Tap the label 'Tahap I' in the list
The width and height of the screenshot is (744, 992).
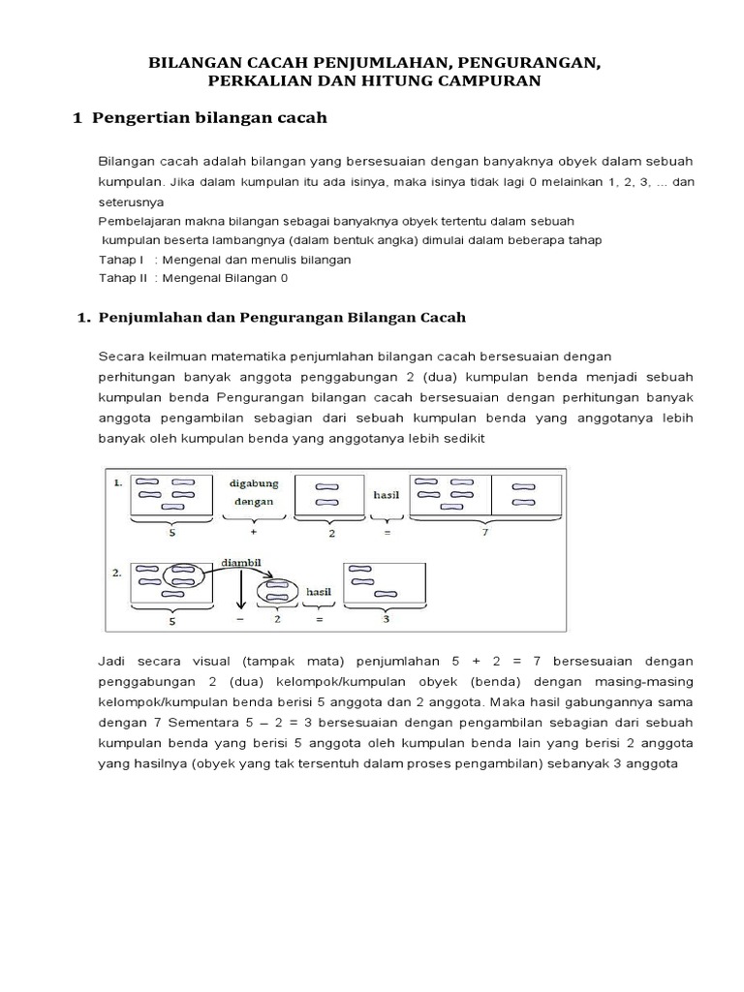pyautogui.click(x=121, y=260)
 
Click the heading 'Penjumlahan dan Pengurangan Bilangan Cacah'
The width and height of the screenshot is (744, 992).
pyautogui.click(x=281, y=317)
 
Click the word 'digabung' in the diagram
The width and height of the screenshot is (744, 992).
pyautogui.click(x=253, y=481)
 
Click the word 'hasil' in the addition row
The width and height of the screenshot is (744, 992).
pyautogui.click(x=387, y=494)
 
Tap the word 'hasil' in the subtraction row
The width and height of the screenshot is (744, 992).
pyautogui.click(x=319, y=590)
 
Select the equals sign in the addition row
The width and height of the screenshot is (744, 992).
pyautogui.click(x=387, y=532)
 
